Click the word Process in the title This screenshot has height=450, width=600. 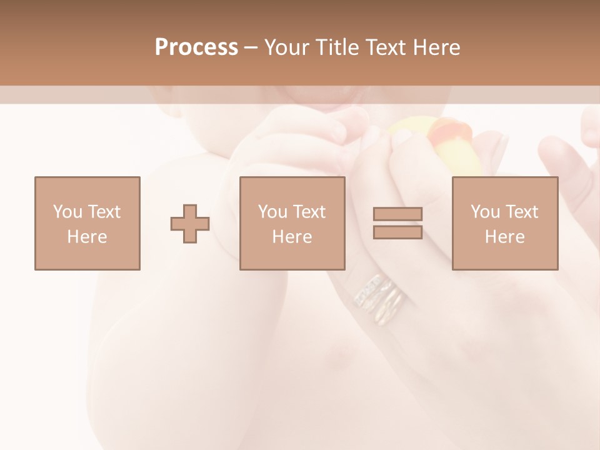coord(196,47)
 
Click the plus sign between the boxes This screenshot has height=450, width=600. coord(190,223)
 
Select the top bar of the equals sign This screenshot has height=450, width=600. coord(397,214)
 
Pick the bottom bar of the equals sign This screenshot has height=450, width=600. coord(397,232)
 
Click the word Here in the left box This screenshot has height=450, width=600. coord(87,237)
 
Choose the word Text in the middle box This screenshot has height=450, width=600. coord(309,212)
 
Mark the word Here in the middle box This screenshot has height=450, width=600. coord(292,237)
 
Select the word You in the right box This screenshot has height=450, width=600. coord(485,212)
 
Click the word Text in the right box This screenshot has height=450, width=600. coord(521,212)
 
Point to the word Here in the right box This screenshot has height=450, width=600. coord(504,237)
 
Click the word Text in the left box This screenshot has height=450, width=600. coord(104,212)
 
